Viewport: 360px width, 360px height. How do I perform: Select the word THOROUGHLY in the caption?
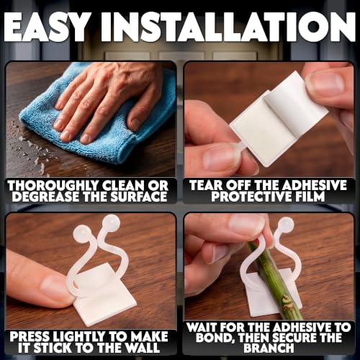53,186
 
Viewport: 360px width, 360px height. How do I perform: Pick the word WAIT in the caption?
202,328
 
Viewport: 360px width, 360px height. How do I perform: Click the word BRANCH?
269,348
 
